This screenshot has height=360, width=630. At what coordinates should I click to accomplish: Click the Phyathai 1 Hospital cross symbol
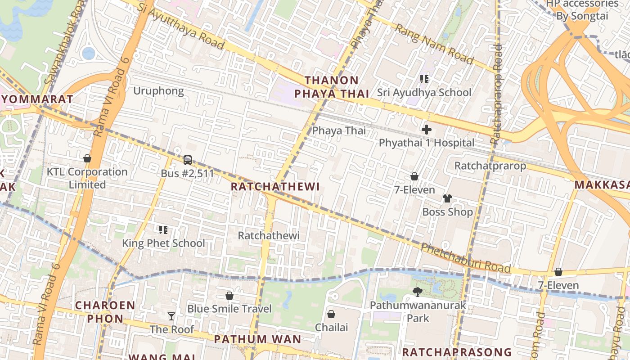click(426, 130)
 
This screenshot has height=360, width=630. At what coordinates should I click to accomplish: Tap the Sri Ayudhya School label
click(424, 93)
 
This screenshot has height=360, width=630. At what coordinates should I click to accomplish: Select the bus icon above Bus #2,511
click(188, 160)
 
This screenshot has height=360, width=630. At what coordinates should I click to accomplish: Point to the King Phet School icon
click(163, 230)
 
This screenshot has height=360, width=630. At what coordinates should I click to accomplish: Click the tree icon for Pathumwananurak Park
click(417, 292)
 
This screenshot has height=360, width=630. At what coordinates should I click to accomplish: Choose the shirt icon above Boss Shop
click(447, 198)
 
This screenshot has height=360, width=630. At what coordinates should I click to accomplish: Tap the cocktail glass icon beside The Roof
click(171, 316)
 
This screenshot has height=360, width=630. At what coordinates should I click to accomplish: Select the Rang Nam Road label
click(434, 44)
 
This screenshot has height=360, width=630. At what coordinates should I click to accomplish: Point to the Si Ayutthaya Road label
click(181, 25)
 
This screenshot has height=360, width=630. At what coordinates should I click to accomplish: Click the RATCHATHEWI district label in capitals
click(275, 186)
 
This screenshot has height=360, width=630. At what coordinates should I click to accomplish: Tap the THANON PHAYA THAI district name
click(332, 87)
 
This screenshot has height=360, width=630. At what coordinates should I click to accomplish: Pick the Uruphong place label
click(158, 91)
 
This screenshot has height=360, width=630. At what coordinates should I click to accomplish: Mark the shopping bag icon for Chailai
click(331, 314)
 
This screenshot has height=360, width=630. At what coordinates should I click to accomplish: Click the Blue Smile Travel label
click(229, 309)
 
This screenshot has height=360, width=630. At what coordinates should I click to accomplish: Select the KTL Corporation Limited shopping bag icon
click(87, 158)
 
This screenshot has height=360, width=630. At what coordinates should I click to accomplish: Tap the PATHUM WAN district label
click(257, 339)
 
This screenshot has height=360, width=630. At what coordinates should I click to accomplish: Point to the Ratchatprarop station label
click(490, 166)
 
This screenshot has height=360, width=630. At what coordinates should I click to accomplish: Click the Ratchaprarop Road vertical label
click(497, 94)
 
